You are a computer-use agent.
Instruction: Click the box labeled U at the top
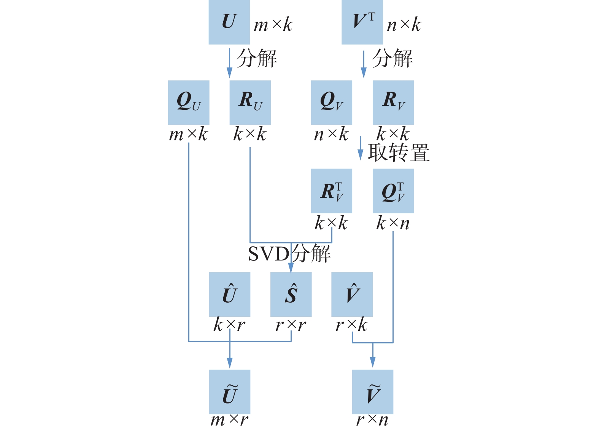pyautogui.click(x=229, y=22)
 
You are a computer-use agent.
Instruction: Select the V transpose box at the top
pyautogui.click(x=362, y=22)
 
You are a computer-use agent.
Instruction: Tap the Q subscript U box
pyautogui.click(x=189, y=102)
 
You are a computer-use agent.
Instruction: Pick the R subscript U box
pyautogui.click(x=250, y=102)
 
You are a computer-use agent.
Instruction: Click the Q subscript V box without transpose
pyautogui.click(x=331, y=102)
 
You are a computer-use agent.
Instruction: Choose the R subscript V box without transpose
pyautogui.click(x=393, y=102)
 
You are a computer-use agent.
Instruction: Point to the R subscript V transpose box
pyautogui.click(x=331, y=191)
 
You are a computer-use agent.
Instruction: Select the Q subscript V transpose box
pyautogui.click(x=393, y=191)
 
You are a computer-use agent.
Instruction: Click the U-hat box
pyautogui.click(x=230, y=294)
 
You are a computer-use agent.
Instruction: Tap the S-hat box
pyautogui.click(x=291, y=294)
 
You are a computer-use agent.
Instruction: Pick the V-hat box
pyautogui.click(x=352, y=294)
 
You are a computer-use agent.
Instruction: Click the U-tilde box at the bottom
pyautogui.click(x=230, y=392)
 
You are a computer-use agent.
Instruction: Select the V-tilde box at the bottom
pyautogui.click(x=373, y=392)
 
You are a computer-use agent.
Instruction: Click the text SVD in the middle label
pyautogui.click(x=269, y=254)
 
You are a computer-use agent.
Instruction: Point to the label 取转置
pyautogui.click(x=399, y=152)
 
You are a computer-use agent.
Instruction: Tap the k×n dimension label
pyautogui.click(x=393, y=223)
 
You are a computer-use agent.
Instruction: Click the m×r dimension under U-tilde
pyautogui.click(x=229, y=420)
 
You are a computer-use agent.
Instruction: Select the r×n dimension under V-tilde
pyautogui.click(x=372, y=420)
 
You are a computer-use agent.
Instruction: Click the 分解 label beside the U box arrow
pyautogui.click(x=257, y=59)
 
